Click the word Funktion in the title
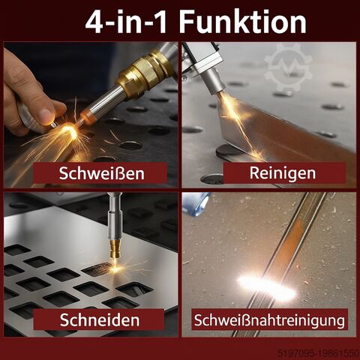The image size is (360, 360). click(243, 21)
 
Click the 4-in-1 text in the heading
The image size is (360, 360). click(126, 22)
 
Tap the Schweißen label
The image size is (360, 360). click(102, 173)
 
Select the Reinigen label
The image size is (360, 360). click(283, 173)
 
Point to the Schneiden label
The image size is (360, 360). click(100, 319)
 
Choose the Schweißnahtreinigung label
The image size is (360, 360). click(269, 320)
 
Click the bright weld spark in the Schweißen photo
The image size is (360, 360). click(70, 132)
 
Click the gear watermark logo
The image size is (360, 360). click(288, 67)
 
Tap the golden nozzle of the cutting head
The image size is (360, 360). click(115, 249)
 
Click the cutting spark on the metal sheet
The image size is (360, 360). click(115, 268)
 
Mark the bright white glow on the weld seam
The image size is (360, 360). click(267, 287)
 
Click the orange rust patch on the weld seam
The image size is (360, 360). click(294, 238)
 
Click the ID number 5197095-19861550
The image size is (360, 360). click(319, 353)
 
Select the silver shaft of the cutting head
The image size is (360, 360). click(115, 220)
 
